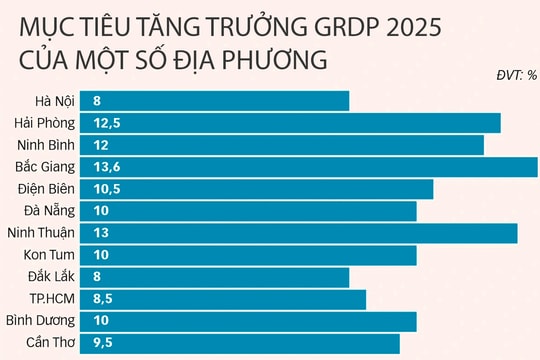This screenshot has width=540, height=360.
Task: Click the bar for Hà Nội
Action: [219, 101]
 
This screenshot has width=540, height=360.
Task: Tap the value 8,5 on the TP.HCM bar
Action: [103, 299]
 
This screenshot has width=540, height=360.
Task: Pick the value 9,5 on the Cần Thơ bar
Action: [103, 344]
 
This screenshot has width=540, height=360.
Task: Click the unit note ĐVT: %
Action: [516, 75]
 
